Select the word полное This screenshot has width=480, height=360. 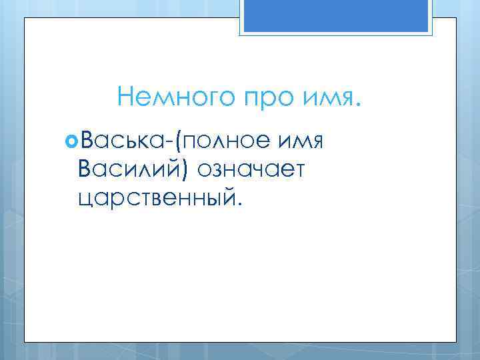pyautogui.click(x=225, y=142)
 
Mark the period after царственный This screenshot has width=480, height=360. pyautogui.click(x=243, y=203)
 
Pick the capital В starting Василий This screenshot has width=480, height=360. pyautogui.click(x=85, y=169)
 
